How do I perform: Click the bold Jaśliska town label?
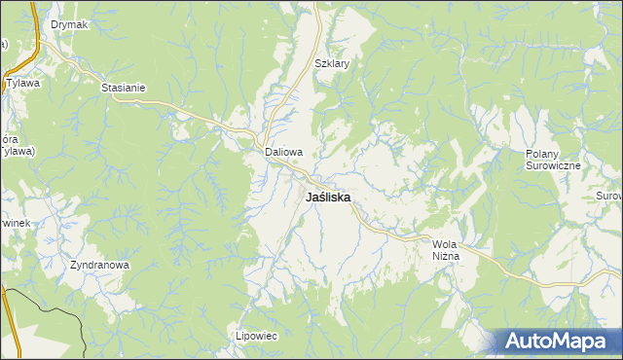[x=328, y=197]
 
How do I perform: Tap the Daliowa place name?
[x=284, y=153]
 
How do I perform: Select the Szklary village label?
[x=332, y=64]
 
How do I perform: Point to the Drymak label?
[x=69, y=24]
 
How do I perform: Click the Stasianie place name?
[x=123, y=88]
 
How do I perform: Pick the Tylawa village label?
[x=22, y=84]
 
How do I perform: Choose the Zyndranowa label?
[x=99, y=265]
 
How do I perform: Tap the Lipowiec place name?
[x=257, y=336]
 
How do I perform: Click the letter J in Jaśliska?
[x=309, y=197]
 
